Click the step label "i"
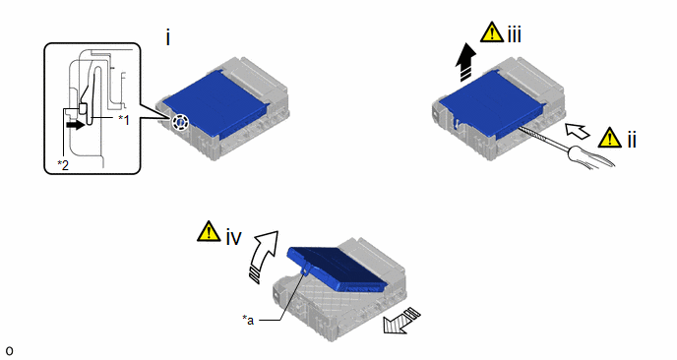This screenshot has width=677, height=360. click(168, 38)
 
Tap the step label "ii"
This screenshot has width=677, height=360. click(632, 140)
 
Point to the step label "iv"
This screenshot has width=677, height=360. click(233, 237)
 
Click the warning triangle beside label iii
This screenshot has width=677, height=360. click(492, 32)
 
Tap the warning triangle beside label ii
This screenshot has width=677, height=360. click(610, 138)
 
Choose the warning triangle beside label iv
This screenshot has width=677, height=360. click(209, 231)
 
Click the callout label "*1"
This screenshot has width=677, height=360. click(123, 120)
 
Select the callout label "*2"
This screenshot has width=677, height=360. click(63, 165)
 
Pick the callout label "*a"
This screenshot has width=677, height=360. click(248, 320)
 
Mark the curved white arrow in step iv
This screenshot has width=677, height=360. click(264, 255)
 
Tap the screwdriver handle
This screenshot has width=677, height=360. click(590, 156)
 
